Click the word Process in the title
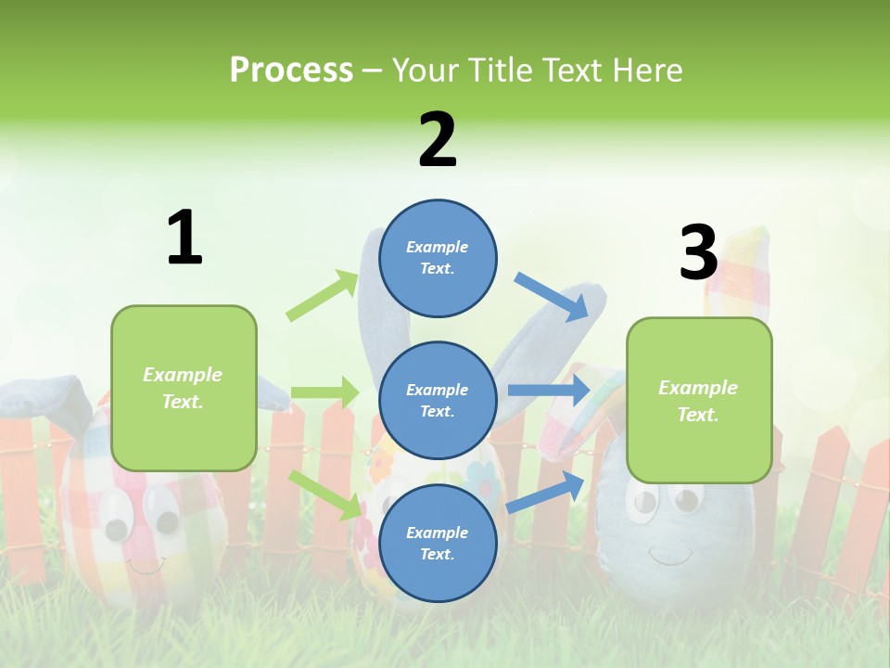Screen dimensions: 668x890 [x=291, y=70]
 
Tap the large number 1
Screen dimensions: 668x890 [x=184, y=238]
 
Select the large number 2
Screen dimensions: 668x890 [x=438, y=139]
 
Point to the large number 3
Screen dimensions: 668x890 [x=698, y=252]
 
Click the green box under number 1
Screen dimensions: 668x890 [x=184, y=388]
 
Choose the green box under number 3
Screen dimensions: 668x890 [x=699, y=401]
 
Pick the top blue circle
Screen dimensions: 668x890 [x=438, y=258]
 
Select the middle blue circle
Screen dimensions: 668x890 [x=438, y=400]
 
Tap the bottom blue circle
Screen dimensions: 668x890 [x=438, y=543]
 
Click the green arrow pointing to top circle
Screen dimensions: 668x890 [x=323, y=296]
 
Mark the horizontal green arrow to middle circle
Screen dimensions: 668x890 [x=324, y=392]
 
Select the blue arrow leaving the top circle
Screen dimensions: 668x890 [x=552, y=296]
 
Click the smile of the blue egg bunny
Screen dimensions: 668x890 [x=669, y=556]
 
